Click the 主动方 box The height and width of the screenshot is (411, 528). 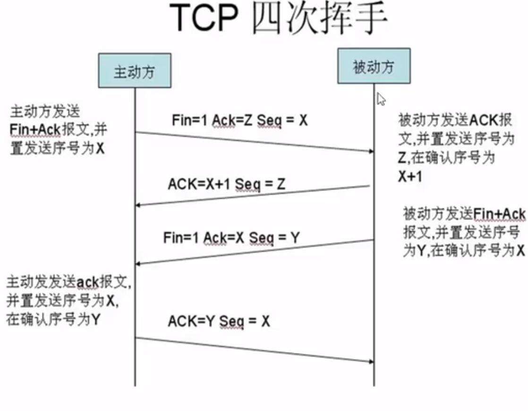tap(135, 71)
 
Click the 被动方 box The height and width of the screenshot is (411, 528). tap(374, 66)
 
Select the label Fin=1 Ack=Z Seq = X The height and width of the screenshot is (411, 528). tap(240, 120)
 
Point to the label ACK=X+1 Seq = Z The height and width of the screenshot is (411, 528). tap(227, 184)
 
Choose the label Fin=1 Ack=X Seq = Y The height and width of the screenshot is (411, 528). tap(231, 237)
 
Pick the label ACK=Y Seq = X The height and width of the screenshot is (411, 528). tap(219, 321)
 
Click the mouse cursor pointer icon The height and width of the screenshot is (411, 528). tap(381, 99)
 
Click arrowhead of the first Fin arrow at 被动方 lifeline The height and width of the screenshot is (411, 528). tap(372, 151)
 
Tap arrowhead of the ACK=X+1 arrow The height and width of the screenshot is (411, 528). tap(137, 205)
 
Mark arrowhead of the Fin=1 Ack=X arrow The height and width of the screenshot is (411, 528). tap(137, 264)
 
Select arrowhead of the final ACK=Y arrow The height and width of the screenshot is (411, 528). tap(372, 361)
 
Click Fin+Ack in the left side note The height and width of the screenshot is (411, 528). tap(35, 129)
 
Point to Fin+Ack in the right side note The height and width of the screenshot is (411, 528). tap(499, 214)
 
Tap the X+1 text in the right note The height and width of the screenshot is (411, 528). tap(410, 176)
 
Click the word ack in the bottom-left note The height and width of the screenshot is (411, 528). tap(87, 282)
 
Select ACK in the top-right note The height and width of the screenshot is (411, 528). tap(483, 120)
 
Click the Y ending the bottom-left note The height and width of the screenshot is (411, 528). tap(95, 319)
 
